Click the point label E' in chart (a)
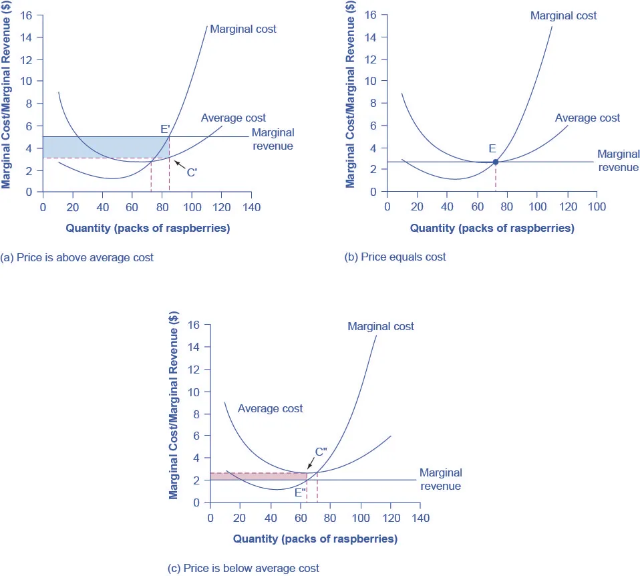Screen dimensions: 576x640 coord(164,129)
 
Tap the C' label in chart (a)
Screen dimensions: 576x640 coord(192,172)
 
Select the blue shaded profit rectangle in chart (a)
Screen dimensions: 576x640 coord(100,147)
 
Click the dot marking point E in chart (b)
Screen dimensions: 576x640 coord(495,162)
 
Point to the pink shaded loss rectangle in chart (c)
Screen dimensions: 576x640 coord(258,476)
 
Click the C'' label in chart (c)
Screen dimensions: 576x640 coord(320,452)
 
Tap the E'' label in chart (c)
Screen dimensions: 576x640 coord(301,492)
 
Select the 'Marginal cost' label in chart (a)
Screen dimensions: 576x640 coord(243,29)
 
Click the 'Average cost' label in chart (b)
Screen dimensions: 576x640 coord(587,118)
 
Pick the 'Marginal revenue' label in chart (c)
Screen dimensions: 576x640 coord(440,479)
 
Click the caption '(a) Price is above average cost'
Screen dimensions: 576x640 coord(77,257)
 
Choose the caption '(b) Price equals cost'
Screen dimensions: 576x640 coord(395,257)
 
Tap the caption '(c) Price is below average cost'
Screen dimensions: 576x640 coord(243,568)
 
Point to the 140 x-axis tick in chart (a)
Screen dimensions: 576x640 coord(251,206)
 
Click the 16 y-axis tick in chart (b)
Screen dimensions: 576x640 coord(371,15)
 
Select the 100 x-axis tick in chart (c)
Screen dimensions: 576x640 coord(361,517)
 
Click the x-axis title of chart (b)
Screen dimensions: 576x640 coord(492,228)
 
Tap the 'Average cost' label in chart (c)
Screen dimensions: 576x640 coord(270,408)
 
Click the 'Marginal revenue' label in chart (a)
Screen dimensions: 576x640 coord(272,139)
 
